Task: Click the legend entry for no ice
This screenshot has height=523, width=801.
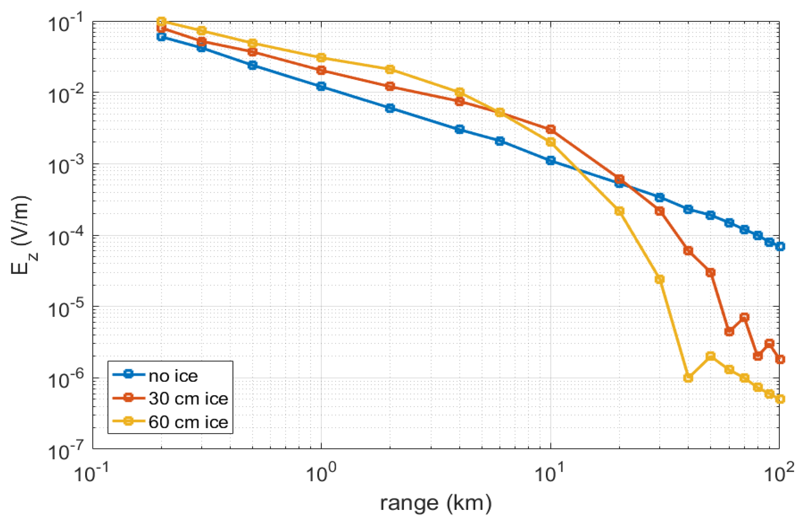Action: (x=173, y=376)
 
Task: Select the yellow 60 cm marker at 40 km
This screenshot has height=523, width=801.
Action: (x=688, y=378)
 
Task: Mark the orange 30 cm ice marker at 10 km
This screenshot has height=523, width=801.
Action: (x=551, y=129)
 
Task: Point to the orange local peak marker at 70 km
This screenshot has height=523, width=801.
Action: (x=744, y=317)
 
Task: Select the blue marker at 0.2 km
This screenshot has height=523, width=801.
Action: (x=162, y=37)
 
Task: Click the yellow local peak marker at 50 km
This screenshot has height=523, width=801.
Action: (x=710, y=356)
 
